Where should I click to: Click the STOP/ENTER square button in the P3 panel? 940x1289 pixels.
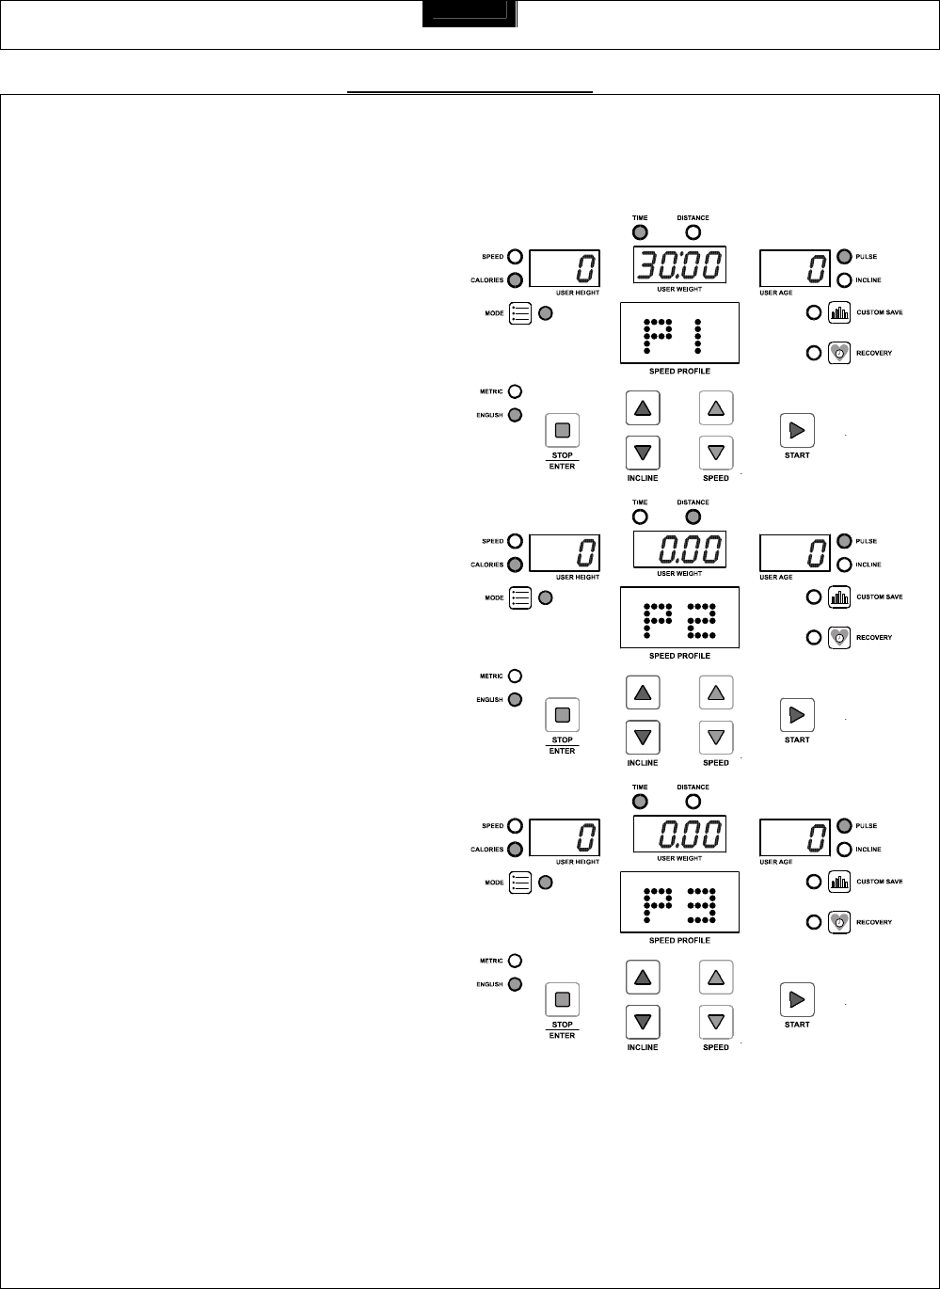(x=563, y=999)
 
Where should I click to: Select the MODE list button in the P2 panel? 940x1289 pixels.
(x=520, y=597)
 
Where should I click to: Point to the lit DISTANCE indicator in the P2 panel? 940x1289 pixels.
(x=693, y=517)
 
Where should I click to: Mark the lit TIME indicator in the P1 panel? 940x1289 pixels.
(x=640, y=232)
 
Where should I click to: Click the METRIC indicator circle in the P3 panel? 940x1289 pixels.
(x=515, y=962)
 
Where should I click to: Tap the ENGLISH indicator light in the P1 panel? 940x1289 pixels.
(x=515, y=415)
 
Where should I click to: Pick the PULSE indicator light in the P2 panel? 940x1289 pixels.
(x=843, y=541)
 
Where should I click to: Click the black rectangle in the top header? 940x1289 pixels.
(x=470, y=14)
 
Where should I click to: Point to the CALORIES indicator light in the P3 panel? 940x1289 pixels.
(x=515, y=850)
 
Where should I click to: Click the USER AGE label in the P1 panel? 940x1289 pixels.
(x=776, y=293)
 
